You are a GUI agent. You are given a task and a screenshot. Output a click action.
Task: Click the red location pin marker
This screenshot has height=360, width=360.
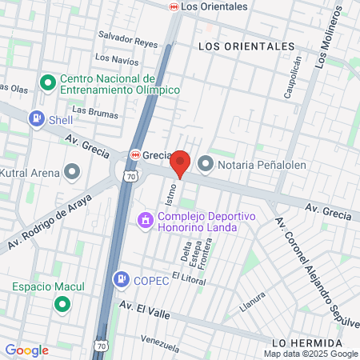(181, 162)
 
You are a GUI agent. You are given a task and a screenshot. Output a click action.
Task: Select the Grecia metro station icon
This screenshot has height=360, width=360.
(135, 154)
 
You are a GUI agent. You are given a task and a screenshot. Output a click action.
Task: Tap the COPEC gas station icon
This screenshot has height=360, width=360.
(121, 278)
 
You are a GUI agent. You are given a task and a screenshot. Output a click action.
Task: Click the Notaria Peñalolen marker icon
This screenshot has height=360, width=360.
(206, 165)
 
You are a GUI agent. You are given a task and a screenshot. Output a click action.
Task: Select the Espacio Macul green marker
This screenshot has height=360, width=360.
(62, 305)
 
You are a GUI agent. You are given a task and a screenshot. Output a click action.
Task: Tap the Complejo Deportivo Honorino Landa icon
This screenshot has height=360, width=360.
(146, 218)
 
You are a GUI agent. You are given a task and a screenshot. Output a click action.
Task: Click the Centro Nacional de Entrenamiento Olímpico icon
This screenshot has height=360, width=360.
(47, 82)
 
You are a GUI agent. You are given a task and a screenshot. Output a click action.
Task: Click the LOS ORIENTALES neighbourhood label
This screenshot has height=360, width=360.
(246, 46)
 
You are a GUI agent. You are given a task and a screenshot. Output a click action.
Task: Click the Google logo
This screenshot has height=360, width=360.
(26, 350)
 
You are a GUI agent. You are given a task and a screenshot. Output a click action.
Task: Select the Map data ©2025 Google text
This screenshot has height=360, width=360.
(311, 354)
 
